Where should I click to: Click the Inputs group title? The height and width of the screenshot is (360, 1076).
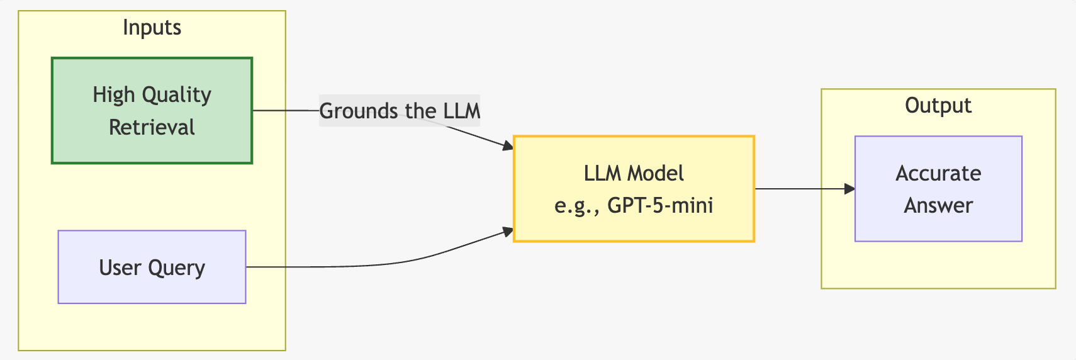152,28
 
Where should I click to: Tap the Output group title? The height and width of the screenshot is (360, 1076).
938,106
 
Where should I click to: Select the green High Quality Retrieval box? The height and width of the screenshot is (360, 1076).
152,111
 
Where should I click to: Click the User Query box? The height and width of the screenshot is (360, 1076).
152,267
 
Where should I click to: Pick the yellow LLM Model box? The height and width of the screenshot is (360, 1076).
634,189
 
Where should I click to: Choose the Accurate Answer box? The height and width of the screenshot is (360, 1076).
938,189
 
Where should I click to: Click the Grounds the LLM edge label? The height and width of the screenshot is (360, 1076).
400,111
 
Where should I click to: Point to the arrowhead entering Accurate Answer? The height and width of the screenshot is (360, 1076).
849,189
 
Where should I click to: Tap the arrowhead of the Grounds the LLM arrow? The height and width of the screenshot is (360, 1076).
508,145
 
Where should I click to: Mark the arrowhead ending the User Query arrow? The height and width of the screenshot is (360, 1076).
508,232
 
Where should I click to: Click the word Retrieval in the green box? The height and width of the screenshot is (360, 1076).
152,127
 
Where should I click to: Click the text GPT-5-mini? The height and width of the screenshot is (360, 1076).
660,206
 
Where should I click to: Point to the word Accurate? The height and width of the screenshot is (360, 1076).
938,173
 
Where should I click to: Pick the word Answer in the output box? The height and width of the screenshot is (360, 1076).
938,206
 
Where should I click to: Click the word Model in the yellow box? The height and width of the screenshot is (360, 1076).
656,173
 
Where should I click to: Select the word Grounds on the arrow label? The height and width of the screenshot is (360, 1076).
358,111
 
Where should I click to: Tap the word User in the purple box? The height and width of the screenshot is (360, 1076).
120,267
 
